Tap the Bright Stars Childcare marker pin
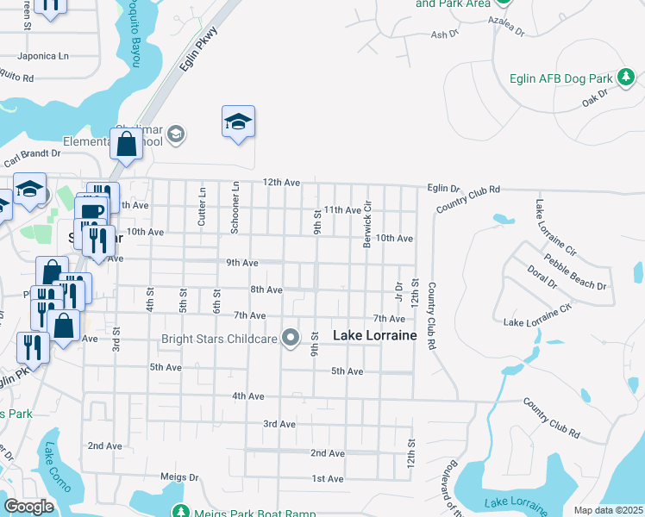point(291,338)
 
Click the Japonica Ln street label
point(46,56)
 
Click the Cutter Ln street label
point(203,206)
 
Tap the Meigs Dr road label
point(179,476)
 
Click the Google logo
point(28,507)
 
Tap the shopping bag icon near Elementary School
point(127,146)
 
